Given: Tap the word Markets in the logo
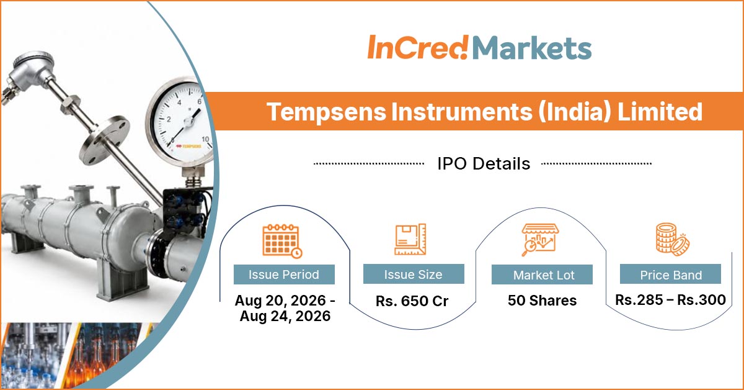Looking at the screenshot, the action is pyautogui.click(x=532, y=48).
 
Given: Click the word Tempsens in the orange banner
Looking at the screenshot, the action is pyautogui.click(x=327, y=112).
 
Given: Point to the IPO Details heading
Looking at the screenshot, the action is pyautogui.click(x=484, y=163).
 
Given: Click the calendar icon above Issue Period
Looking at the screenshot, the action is pyautogui.click(x=282, y=241).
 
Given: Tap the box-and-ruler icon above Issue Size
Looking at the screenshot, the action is pyautogui.click(x=410, y=239).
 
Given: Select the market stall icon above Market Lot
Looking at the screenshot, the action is pyautogui.click(x=540, y=240).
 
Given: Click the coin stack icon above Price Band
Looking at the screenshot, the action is pyautogui.click(x=672, y=239).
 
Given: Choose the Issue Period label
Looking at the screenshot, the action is pyautogui.click(x=284, y=274).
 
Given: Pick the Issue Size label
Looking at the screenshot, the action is pyautogui.click(x=414, y=274).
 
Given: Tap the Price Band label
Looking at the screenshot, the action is pyautogui.click(x=671, y=274).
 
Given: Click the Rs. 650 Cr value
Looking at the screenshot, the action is pyautogui.click(x=412, y=301).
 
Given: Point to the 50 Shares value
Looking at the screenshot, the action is pyautogui.click(x=542, y=300).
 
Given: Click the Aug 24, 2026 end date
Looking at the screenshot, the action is pyautogui.click(x=285, y=316).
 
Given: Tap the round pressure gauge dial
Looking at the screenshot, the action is pyautogui.click(x=181, y=122).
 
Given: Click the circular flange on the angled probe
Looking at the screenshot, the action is pyautogui.click(x=105, y=140).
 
